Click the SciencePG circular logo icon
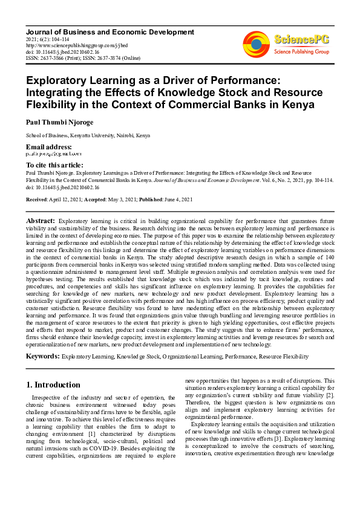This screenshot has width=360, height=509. coord(256,44)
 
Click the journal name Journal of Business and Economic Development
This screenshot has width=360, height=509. coord(110,31)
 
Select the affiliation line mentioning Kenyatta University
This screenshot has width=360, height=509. coord(88,136)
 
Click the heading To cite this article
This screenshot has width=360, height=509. coord(54,165)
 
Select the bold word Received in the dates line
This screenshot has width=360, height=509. coord(37,199)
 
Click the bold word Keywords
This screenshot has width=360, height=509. coord(42,357)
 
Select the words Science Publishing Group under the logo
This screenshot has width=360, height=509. coord(301,52)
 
